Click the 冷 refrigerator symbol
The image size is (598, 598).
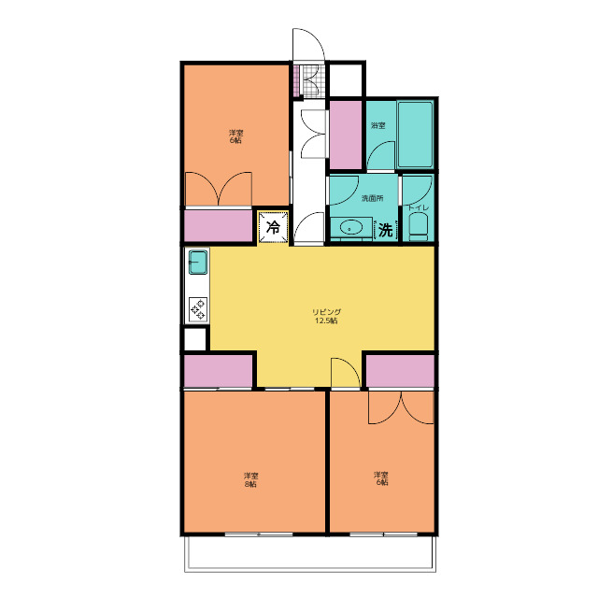[273, 227]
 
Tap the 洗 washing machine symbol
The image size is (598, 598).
[386, 230]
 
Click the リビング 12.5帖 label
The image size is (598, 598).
[326, 316]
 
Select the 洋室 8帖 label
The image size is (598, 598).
[251, 479]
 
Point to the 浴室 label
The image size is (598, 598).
[377, 125]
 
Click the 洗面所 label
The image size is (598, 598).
[372, 198]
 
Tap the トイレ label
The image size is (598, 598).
[419, 207]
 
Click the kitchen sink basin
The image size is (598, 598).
[198, 262]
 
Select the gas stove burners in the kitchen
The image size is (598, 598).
[198, 308]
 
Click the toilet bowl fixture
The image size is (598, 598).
[419, 226]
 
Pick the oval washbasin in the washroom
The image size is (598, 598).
[351, 228]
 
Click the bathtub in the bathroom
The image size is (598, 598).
[415, 135]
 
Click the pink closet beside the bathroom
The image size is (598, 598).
[346, 135]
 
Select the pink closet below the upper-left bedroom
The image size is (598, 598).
[218, 225]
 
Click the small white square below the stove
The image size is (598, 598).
[195, 339]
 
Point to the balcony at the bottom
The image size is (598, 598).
[310, 553]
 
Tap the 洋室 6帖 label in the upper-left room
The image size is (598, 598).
[235, 136]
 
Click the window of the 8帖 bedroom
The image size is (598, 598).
[259, 534]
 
